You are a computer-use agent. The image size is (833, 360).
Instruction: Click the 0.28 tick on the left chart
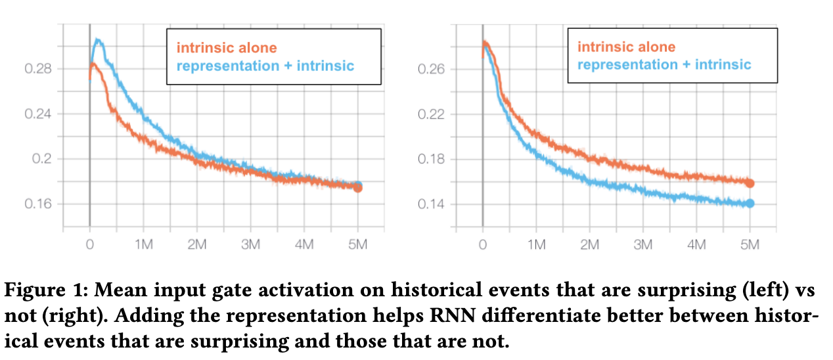coord(38,69)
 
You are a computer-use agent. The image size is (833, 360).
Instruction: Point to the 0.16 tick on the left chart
coord(38,204)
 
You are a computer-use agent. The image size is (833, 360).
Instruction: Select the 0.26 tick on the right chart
coord(432,69)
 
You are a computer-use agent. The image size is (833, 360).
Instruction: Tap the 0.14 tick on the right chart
coord(432,204)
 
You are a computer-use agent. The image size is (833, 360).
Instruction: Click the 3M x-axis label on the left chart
coord(250,245)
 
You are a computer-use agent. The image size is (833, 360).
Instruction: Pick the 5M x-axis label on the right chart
coord(750,245)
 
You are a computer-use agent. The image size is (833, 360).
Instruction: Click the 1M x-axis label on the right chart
coord(536,245)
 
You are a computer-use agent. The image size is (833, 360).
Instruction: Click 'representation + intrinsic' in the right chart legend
coord(664,64)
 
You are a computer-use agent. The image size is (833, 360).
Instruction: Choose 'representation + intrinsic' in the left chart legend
coord(266,66)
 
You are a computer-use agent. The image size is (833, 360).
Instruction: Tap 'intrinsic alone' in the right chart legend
coord(626,47)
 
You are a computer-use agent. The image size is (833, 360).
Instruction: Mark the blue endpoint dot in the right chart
coord(750,204)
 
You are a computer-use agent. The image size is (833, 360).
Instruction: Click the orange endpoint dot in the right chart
coord(750,183)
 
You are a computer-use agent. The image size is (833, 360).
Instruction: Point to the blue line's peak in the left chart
coord(98,40)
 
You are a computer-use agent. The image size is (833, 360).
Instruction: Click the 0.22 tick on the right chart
coord(432,114)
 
